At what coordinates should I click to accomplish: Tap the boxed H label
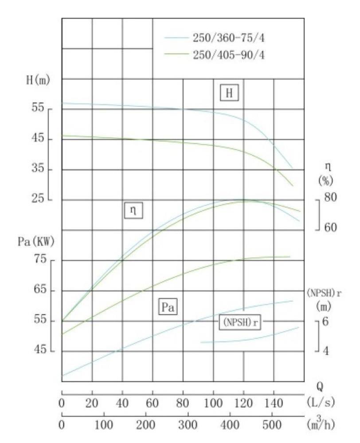tap(229, 93)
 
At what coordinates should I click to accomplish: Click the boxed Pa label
tap(167, 307)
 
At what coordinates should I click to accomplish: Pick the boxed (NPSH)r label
tap(239, 322)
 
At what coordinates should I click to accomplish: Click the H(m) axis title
tap(37, 80)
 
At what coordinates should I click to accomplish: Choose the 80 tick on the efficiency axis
tap(330, 197)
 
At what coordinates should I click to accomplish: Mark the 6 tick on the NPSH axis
tap(325, 322)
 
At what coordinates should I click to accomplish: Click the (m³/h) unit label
tap(321, 424)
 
